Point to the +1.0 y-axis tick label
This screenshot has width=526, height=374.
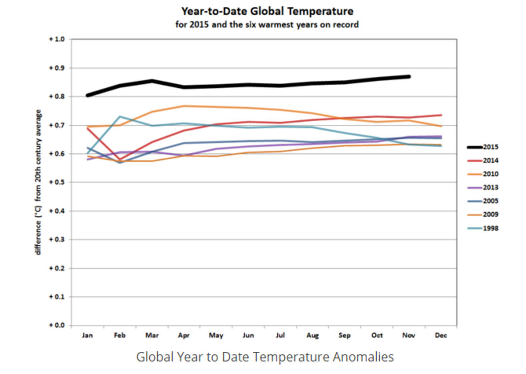coord(57,39)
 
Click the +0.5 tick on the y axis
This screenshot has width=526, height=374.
coord(57,182)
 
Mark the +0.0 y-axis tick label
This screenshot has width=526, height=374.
coord(57,326)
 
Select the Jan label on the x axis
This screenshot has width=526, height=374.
coord(87,336)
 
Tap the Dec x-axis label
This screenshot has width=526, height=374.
coord(441,336)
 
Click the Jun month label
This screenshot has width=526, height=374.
coord(248,336)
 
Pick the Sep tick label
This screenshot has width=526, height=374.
coord(345,336)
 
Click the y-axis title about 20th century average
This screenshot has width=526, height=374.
coord(38,182)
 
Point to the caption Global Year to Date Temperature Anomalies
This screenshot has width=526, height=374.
coord(265,357)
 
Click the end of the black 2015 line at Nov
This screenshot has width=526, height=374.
coord(409,76)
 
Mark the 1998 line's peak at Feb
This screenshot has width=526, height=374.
coord(120,116)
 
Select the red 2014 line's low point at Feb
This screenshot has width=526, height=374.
coord(120,160)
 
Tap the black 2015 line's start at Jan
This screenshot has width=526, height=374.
coord(88,95)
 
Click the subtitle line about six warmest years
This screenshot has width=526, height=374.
coord(267,24)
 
